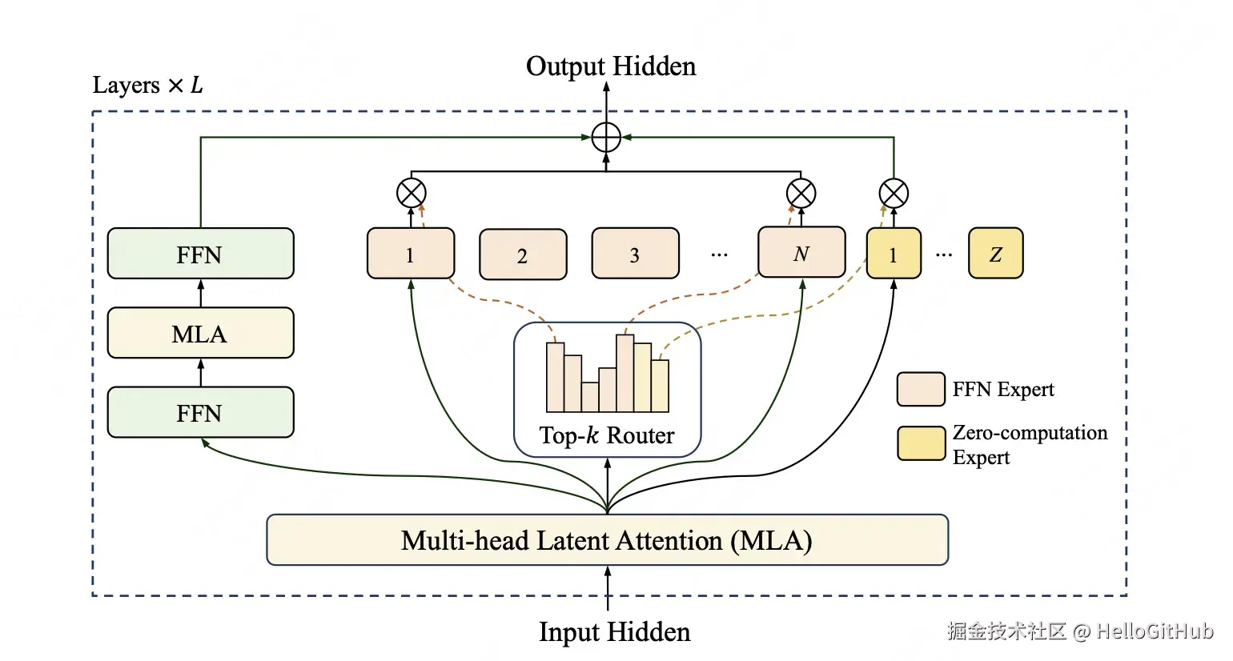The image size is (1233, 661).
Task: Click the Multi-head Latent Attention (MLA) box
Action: click(x=607, y=540)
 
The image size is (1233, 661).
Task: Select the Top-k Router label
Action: click(x=606, y=435)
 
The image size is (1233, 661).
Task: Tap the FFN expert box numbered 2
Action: click(x=523, y=254)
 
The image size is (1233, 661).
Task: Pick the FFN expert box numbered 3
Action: click(x=635, y=254)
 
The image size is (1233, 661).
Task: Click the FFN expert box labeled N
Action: click(x=801, y=252)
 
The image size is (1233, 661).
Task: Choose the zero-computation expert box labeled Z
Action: click(x=995, y=254)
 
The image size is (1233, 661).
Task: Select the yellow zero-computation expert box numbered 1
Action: click(x=894, y=254)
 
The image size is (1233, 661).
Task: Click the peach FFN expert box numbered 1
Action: click(x=411, y=254)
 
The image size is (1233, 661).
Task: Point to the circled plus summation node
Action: click(x=606, y=138)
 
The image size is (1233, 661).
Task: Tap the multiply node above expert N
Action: click(x=801, y=193)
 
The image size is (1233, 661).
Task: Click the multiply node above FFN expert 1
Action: click(x=412, y=193)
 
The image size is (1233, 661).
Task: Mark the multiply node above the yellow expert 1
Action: click(x=894, y=193)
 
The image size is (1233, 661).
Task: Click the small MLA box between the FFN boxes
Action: click(x=200, y=333)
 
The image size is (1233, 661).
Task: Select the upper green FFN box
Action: click(x=200, y=254)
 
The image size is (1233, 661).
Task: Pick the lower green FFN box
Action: click(x=200, y=412)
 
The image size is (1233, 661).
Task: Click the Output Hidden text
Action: click(x=610, y=66)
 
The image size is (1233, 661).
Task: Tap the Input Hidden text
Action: click(x=614, y=631)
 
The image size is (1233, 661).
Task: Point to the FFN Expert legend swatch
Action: click(x=921, y=390)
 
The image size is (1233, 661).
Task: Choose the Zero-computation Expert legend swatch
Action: click(x=921, y=443)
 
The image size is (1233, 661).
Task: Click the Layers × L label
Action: click(x=147, y=85)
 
